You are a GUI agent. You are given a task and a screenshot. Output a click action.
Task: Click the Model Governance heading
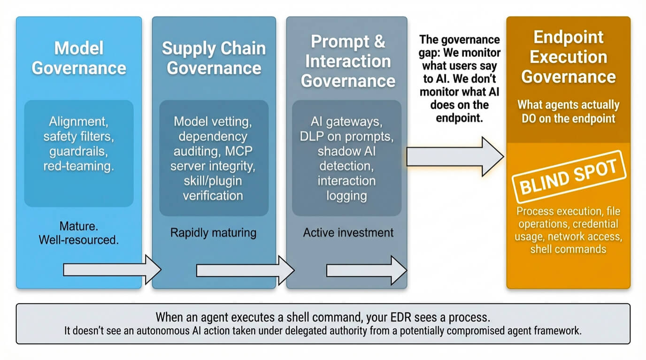[78, 58]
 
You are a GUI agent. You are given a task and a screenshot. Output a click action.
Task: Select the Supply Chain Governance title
[214, 58]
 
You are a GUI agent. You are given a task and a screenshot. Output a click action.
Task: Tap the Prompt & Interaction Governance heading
[347, 61]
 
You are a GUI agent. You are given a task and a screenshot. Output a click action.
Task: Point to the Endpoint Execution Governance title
[568, 57]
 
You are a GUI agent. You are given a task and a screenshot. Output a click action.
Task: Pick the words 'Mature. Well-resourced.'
[78, 233]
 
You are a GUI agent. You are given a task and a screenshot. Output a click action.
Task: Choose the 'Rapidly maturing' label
[213, 233]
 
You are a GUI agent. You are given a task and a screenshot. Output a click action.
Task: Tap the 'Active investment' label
[348, 233]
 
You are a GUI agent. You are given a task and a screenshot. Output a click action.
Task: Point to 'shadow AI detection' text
[346, 159]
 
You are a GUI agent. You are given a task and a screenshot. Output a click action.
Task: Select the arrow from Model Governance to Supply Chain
[112, 270]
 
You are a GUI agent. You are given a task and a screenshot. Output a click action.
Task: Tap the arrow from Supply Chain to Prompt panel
[245, 270]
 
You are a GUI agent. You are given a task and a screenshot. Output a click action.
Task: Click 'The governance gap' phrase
[460, 46]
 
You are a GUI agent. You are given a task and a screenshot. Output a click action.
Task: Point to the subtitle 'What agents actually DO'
[568, 111]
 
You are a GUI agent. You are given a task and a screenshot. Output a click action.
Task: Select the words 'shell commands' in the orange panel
[568, 249]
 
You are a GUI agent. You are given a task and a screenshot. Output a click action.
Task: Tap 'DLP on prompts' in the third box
[346, 137]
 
